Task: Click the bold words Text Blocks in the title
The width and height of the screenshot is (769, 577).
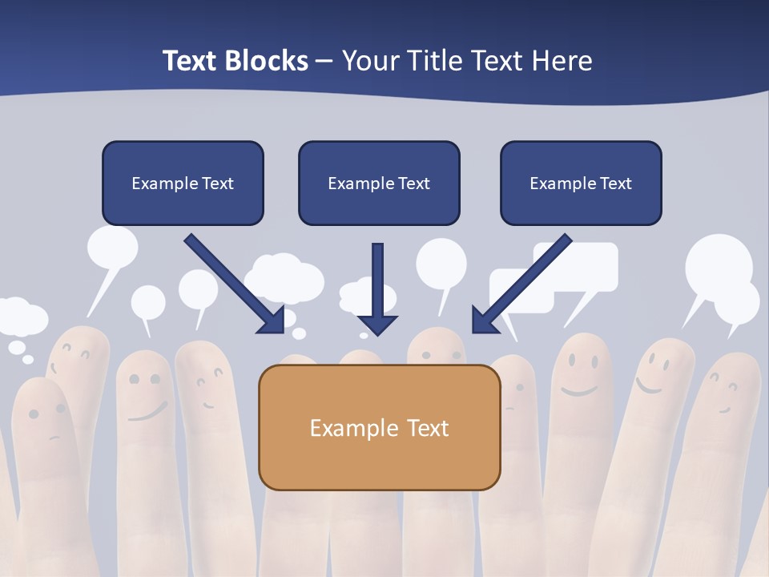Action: (x=235, y=61)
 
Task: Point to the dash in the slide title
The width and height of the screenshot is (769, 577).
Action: (x=324, y=62)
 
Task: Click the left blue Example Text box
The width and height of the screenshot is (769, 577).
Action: (x=183, y=184)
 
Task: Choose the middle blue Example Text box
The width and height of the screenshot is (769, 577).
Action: (x=379, y=184)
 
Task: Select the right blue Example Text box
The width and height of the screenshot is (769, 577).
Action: (x=581, y=184)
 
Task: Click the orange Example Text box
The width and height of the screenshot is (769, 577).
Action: (x=379, y=427)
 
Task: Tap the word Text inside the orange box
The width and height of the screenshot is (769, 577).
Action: (x=428, y=428)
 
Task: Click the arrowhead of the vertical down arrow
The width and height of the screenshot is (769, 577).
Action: (x=377, y=325)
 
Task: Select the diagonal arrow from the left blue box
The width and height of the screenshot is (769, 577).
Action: (x=234, y=284)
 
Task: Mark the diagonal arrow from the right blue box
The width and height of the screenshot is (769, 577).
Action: (x=521, y=284)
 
